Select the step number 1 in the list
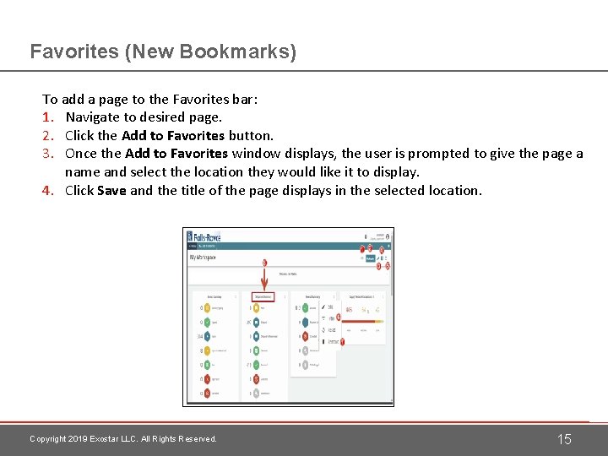coord(47,117)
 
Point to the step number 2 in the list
coord(47,135)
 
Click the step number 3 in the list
coord(47,154)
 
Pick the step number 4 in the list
coord(47,191)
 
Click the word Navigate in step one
coord(94,117)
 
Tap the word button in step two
coord(251,135)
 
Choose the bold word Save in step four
coord(111,191)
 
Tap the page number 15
coord(564,439)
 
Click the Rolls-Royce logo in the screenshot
coord(203,237)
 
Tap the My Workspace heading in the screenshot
coord(204,257)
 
